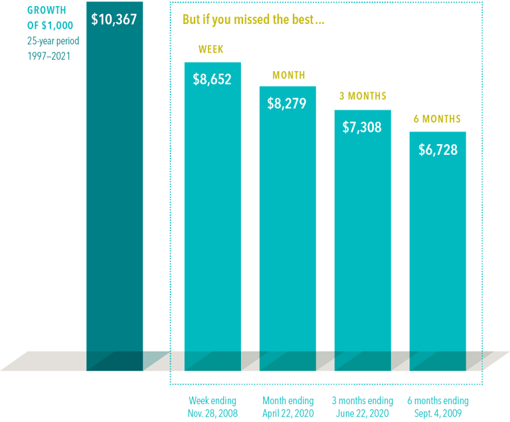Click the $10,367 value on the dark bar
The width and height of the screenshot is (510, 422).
(x=114, y=19)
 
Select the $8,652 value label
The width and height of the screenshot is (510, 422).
(x=212, y=79)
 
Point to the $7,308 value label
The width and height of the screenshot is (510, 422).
(x=362, y=127)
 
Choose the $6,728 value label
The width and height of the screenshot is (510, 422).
(x=438, y=150)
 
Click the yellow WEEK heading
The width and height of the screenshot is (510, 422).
(x=212, y=50)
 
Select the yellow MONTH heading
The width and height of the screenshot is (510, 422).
(x=288, y=75)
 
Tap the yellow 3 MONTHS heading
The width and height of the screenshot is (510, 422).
(x=363, y=96)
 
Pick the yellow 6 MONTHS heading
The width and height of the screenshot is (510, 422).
(x=437, y=119)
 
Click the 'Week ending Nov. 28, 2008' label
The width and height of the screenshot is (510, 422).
(x=212, y=406)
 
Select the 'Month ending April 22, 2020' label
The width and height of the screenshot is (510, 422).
(x=288, y=406)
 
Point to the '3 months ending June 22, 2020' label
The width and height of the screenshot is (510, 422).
(x=362, y=406)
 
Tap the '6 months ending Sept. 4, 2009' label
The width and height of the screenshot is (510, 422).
(x=438, y=406)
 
